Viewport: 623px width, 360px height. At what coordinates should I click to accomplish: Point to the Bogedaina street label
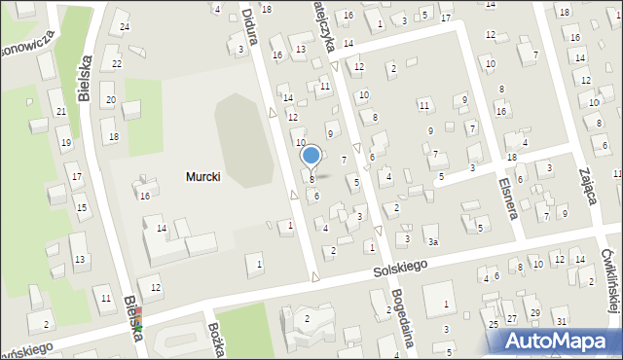click(x=401, y=310)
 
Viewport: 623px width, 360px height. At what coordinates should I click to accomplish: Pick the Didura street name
click(x=249, y=18)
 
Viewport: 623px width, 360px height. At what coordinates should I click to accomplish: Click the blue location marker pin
click(x=311, y=156)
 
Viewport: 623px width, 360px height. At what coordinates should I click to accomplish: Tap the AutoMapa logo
click(x=560, y=340)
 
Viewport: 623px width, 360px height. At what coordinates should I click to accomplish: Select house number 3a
click(x=433, y=241)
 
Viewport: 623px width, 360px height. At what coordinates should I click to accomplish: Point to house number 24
click(x=124, y=26)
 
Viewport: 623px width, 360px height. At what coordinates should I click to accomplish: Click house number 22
click(x=117, y=64)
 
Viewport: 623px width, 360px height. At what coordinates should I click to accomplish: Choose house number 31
click(x=561, y=321)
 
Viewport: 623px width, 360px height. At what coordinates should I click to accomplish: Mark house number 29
click(x=534, y=312)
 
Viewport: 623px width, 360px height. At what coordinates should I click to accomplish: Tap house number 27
click(x=512, y=319)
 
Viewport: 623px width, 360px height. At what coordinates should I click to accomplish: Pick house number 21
click(x=60, y=112)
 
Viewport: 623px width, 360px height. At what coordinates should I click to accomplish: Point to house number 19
click(x=66, y=143)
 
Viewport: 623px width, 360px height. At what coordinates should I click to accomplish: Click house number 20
click(x=111, y=100)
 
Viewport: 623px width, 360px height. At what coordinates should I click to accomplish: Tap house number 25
click(x=494, y=324)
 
